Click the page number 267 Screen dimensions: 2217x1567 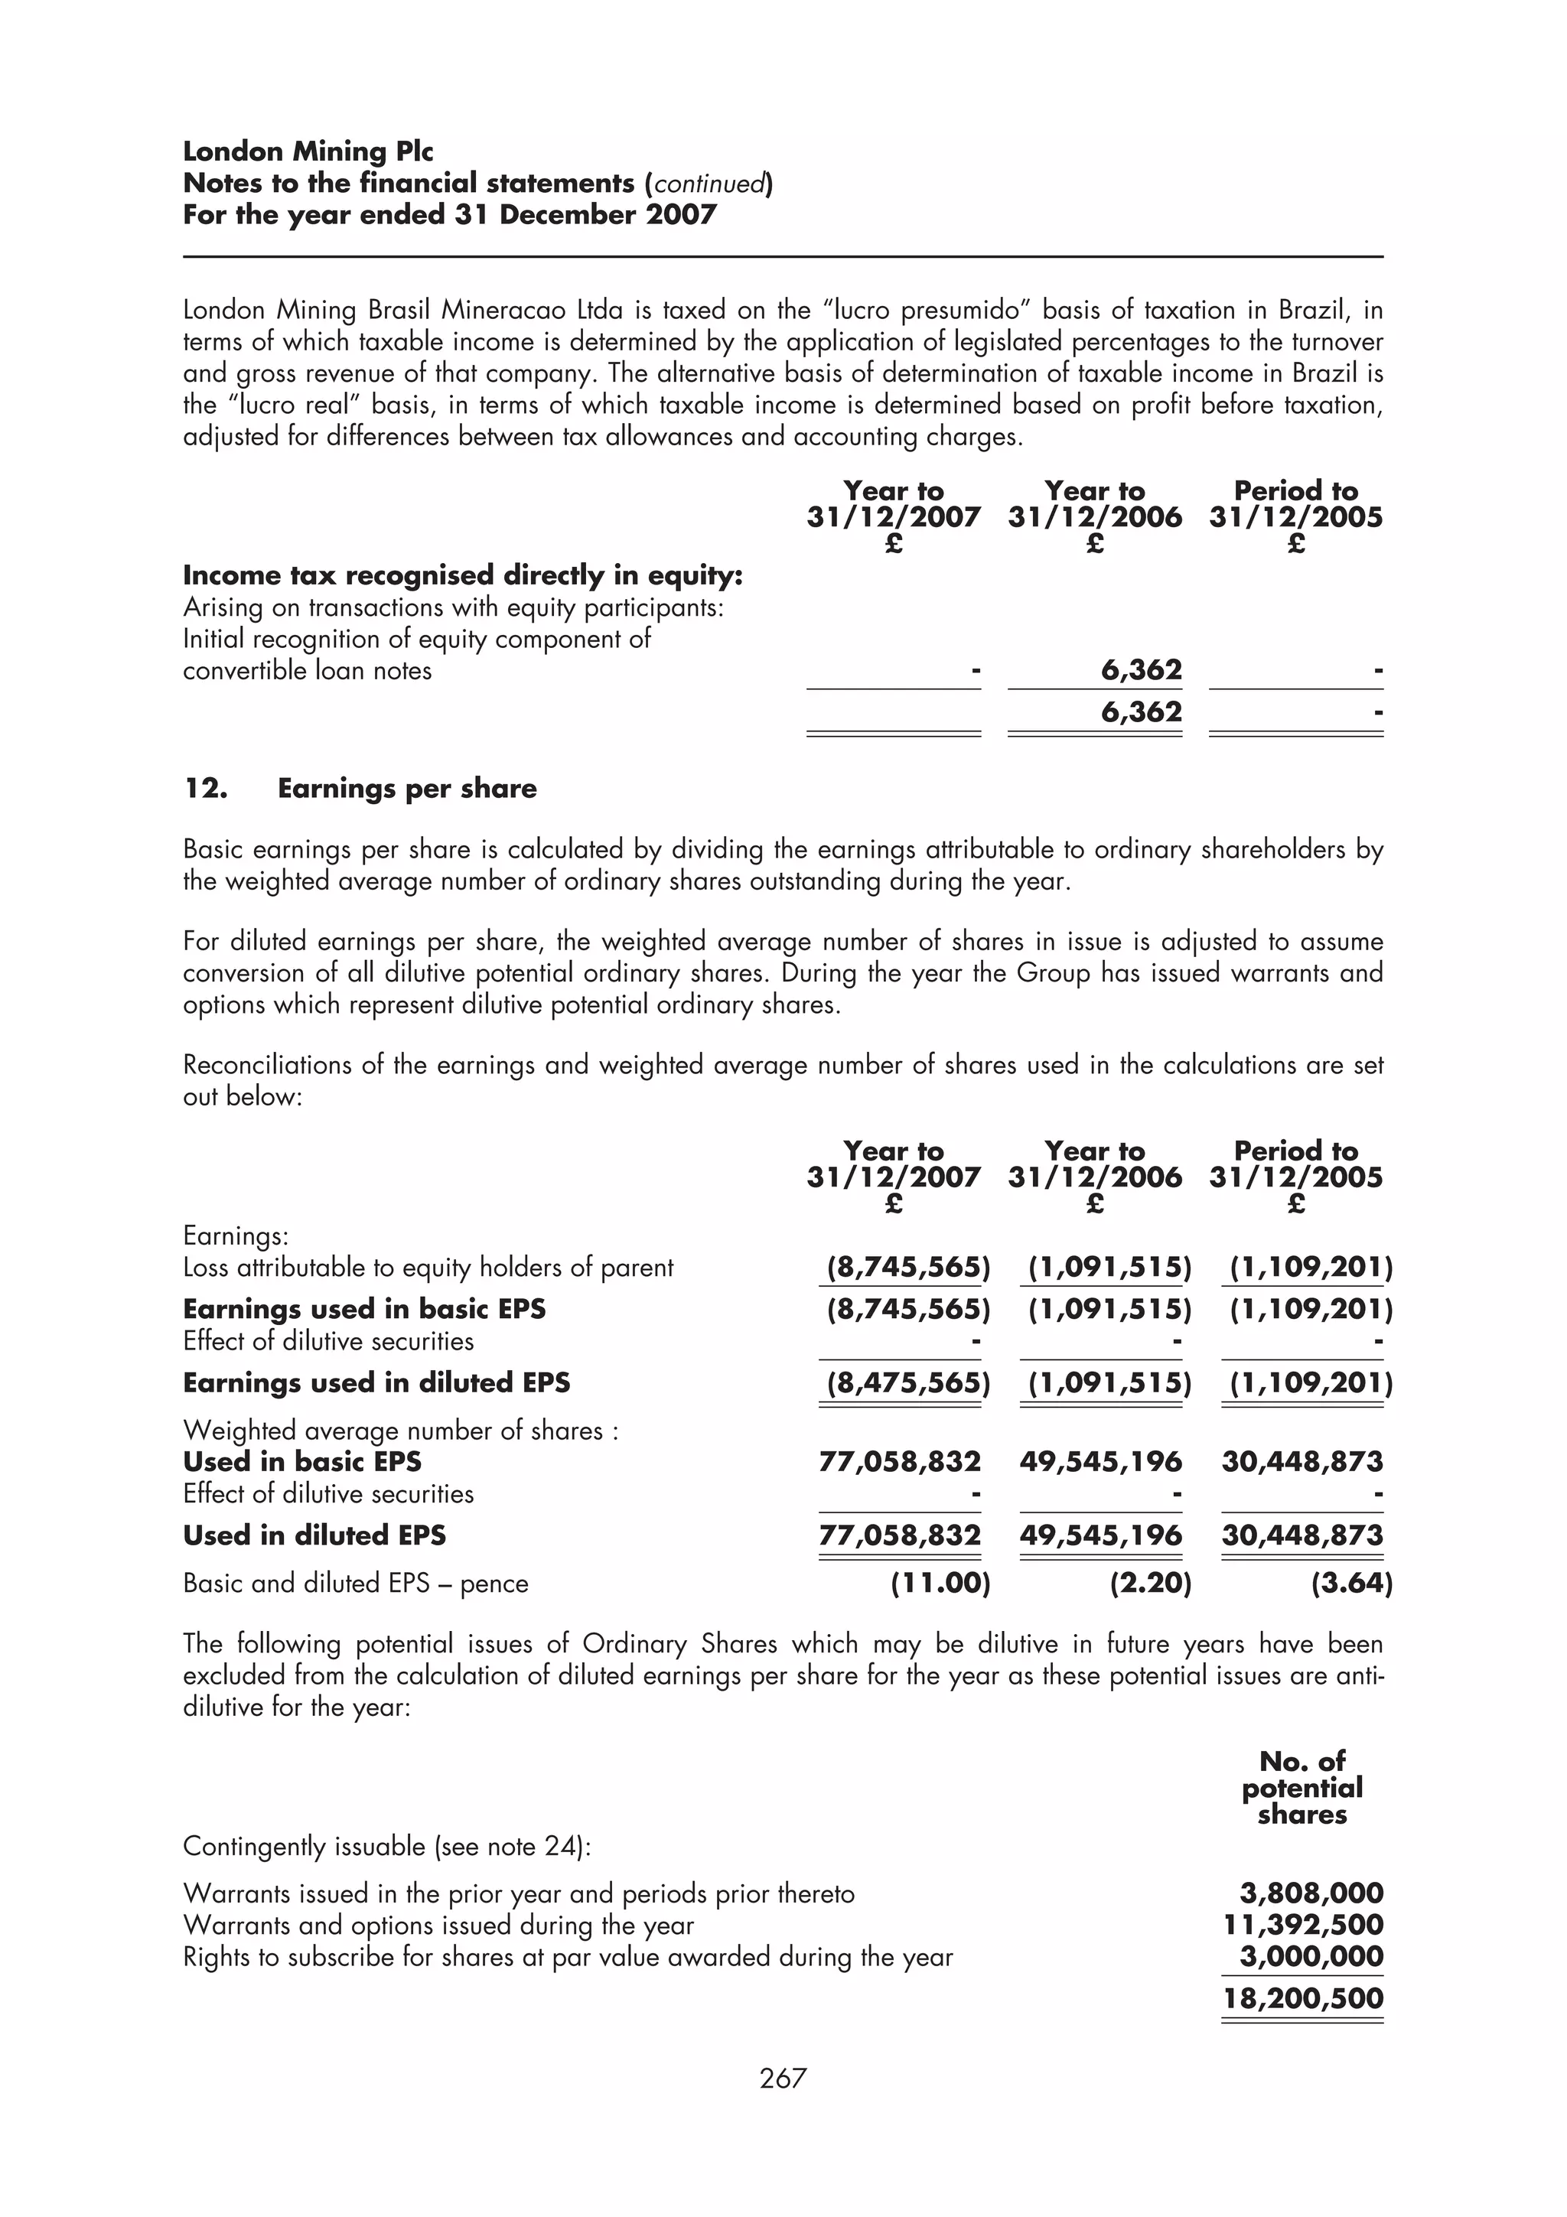[782, 2077]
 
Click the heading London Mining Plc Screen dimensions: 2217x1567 [308, 151]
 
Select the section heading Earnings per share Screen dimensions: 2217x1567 [406, 789]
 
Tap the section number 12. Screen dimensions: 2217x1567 [205, 789]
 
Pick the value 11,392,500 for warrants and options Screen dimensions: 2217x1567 [1302, 1925]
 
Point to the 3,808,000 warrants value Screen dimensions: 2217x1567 [1311, 1893]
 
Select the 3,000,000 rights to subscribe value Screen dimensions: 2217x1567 [1311, 1956]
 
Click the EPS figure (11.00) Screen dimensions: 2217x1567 [940, 1584]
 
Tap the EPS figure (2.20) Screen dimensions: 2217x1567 [1150, 1584]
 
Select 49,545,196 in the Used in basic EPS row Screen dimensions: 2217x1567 [1101, 1461]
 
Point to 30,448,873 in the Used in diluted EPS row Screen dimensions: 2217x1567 [1301, 1535]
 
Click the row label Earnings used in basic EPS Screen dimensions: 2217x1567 [364, 1310]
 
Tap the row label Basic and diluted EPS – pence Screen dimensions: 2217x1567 [355, 1584]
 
